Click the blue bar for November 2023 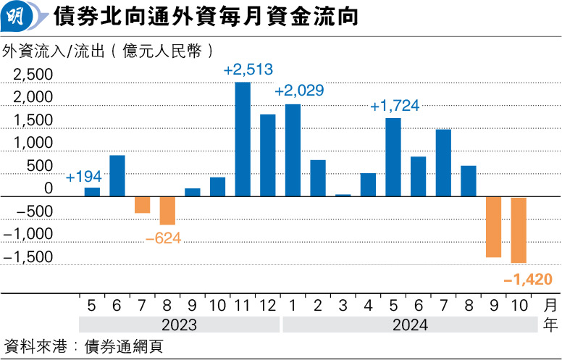click(x=243, y=139)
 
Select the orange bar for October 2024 click(x=519, y=230)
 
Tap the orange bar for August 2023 click(x=167, y=210)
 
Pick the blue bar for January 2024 click(x=293, y=150)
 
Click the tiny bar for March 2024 click(x=343, y=195)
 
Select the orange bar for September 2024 click(x=494, y=227)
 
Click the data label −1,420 click(x=528, y=279)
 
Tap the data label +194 click(x=84, y=177)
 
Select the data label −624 click(x=163, y=237)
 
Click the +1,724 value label click(x=394, y=106)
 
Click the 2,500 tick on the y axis click(x=33, y=75)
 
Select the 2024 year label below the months click(x=410, y=325)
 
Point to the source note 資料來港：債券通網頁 click(x=83, y=345)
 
